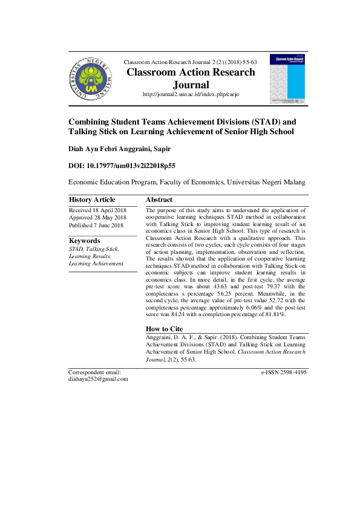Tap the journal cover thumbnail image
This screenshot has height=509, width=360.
click(x=287, y=79)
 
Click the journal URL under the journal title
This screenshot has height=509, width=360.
click(x=191, y=95)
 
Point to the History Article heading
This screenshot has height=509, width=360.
click(x=92, y=200)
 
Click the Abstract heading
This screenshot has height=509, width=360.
click(x=159, y=200)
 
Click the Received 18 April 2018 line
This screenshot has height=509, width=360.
click(x=97, y=210)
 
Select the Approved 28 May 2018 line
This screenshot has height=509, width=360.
click(x=97, y=218)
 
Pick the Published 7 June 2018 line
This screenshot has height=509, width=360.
click(x=96, y=225)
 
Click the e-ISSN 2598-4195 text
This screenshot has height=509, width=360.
click(x=284, y=372)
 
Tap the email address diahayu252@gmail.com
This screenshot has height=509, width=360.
click(x=98, y=379)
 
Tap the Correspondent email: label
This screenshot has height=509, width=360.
click(x=95, y=372)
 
